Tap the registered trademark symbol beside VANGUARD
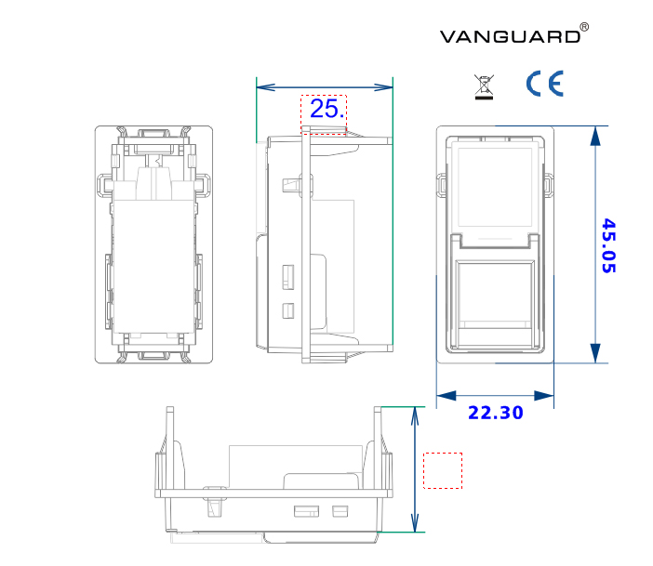tap(583, 28)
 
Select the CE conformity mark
tap(544, 85)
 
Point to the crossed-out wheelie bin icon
tap(484, 86)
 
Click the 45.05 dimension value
tap(608, 245)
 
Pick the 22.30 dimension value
tap(495, 413)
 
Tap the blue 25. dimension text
tap(327, 109)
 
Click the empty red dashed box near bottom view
tap(443, 470)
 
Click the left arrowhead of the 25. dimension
tap(263, 87)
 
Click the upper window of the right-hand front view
tap(496, 186)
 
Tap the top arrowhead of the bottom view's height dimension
tap(415, 414)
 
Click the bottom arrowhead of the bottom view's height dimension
tap(415, 525)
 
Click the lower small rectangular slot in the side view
tap(288, 309)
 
